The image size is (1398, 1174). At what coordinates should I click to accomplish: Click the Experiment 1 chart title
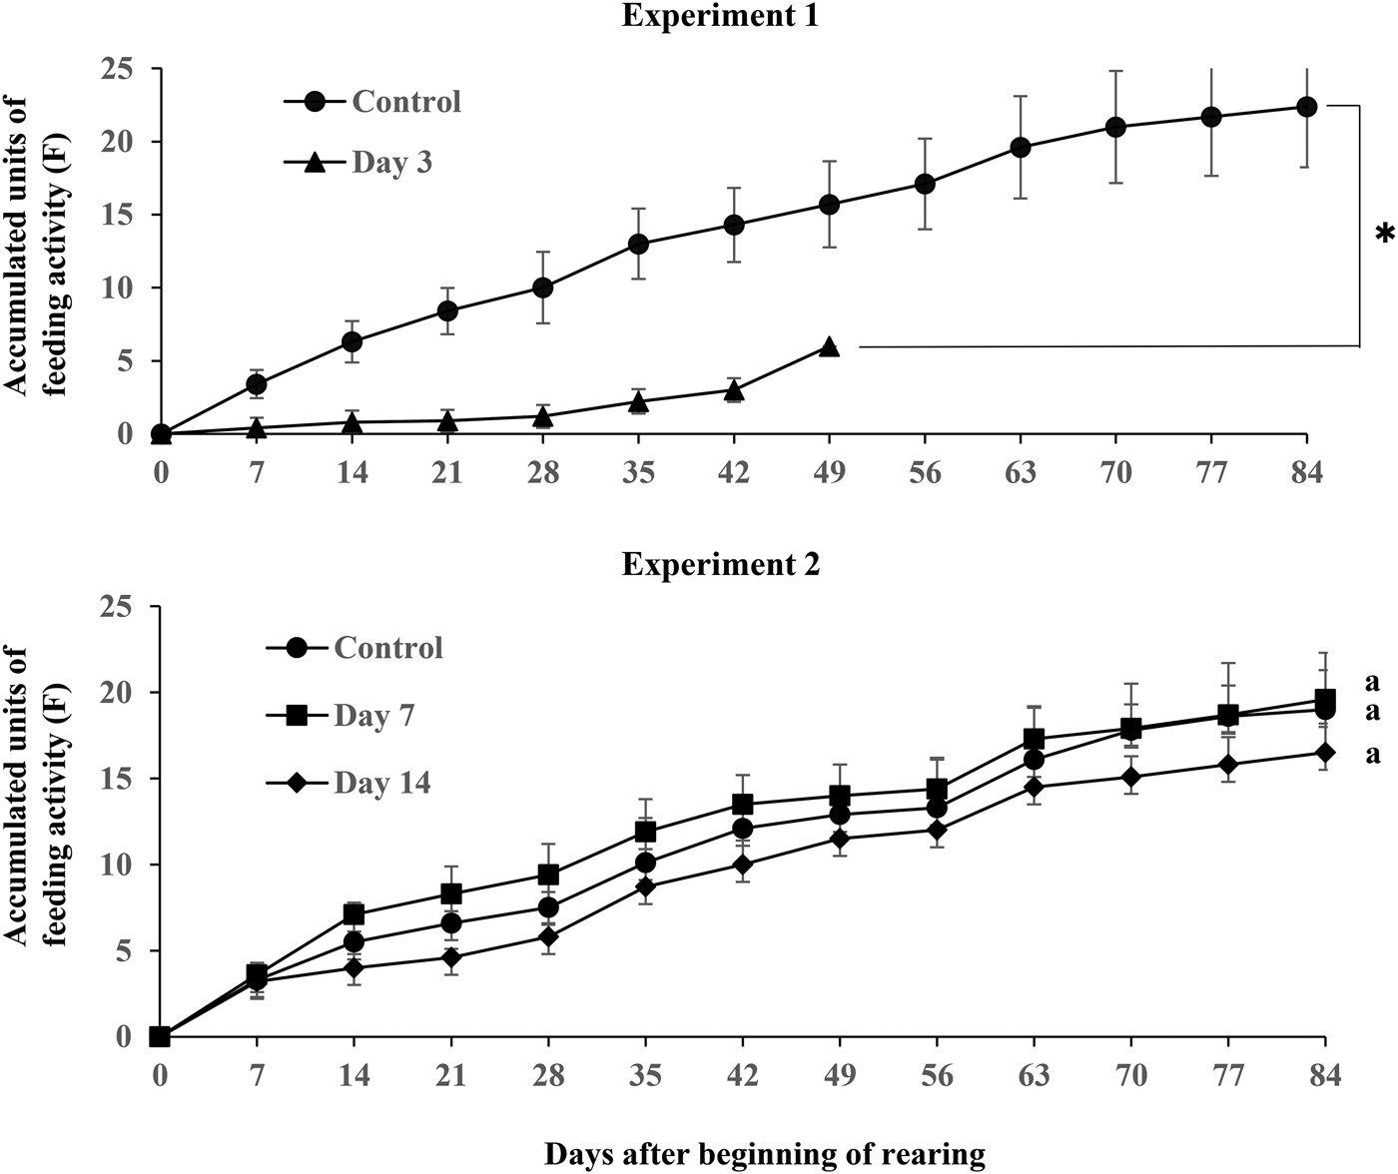(720, 16)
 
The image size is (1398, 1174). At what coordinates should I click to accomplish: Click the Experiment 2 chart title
(720, 564)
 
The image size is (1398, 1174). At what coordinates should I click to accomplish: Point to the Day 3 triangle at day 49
(829, 346)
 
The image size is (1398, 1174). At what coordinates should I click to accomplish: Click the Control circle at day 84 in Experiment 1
(1306, 107)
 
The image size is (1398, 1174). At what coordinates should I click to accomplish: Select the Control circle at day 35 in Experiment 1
(638, 244)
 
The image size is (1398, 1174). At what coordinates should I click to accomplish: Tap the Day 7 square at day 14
(353, 913)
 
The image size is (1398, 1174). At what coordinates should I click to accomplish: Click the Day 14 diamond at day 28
(548, 936)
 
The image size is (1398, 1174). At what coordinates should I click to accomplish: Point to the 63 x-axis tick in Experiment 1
(1020, 471)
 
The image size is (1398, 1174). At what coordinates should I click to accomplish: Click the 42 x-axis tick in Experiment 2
(742, 1076)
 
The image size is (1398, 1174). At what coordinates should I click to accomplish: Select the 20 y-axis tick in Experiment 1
(120, 142)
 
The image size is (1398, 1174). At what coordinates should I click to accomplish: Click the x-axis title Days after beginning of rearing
(764, 1155)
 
